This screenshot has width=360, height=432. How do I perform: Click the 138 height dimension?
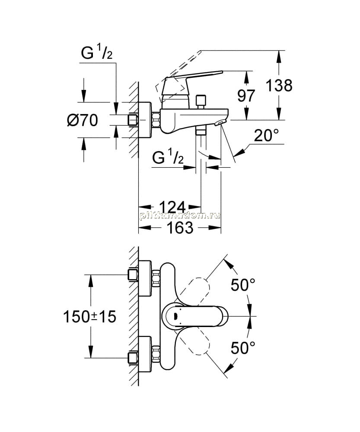(279, 86)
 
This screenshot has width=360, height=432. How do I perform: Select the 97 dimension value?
(246, 95)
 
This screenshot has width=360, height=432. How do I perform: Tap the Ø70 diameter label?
(83, 121)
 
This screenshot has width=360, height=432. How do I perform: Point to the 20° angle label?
(266, 135)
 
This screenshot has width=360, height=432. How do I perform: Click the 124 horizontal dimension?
(172, 207)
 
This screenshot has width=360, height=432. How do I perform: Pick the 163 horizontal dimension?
(180, 228)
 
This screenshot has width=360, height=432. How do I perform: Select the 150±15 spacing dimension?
(90, 317)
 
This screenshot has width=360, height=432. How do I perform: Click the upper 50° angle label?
(243, 285)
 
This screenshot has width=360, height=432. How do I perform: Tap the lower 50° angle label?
(243, 348)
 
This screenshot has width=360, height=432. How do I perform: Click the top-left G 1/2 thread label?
(97, 53)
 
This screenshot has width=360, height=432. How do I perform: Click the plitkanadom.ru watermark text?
(180, 216)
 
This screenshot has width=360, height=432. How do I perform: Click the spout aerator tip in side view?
(220, 123)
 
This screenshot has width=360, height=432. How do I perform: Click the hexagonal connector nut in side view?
(156, 120)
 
